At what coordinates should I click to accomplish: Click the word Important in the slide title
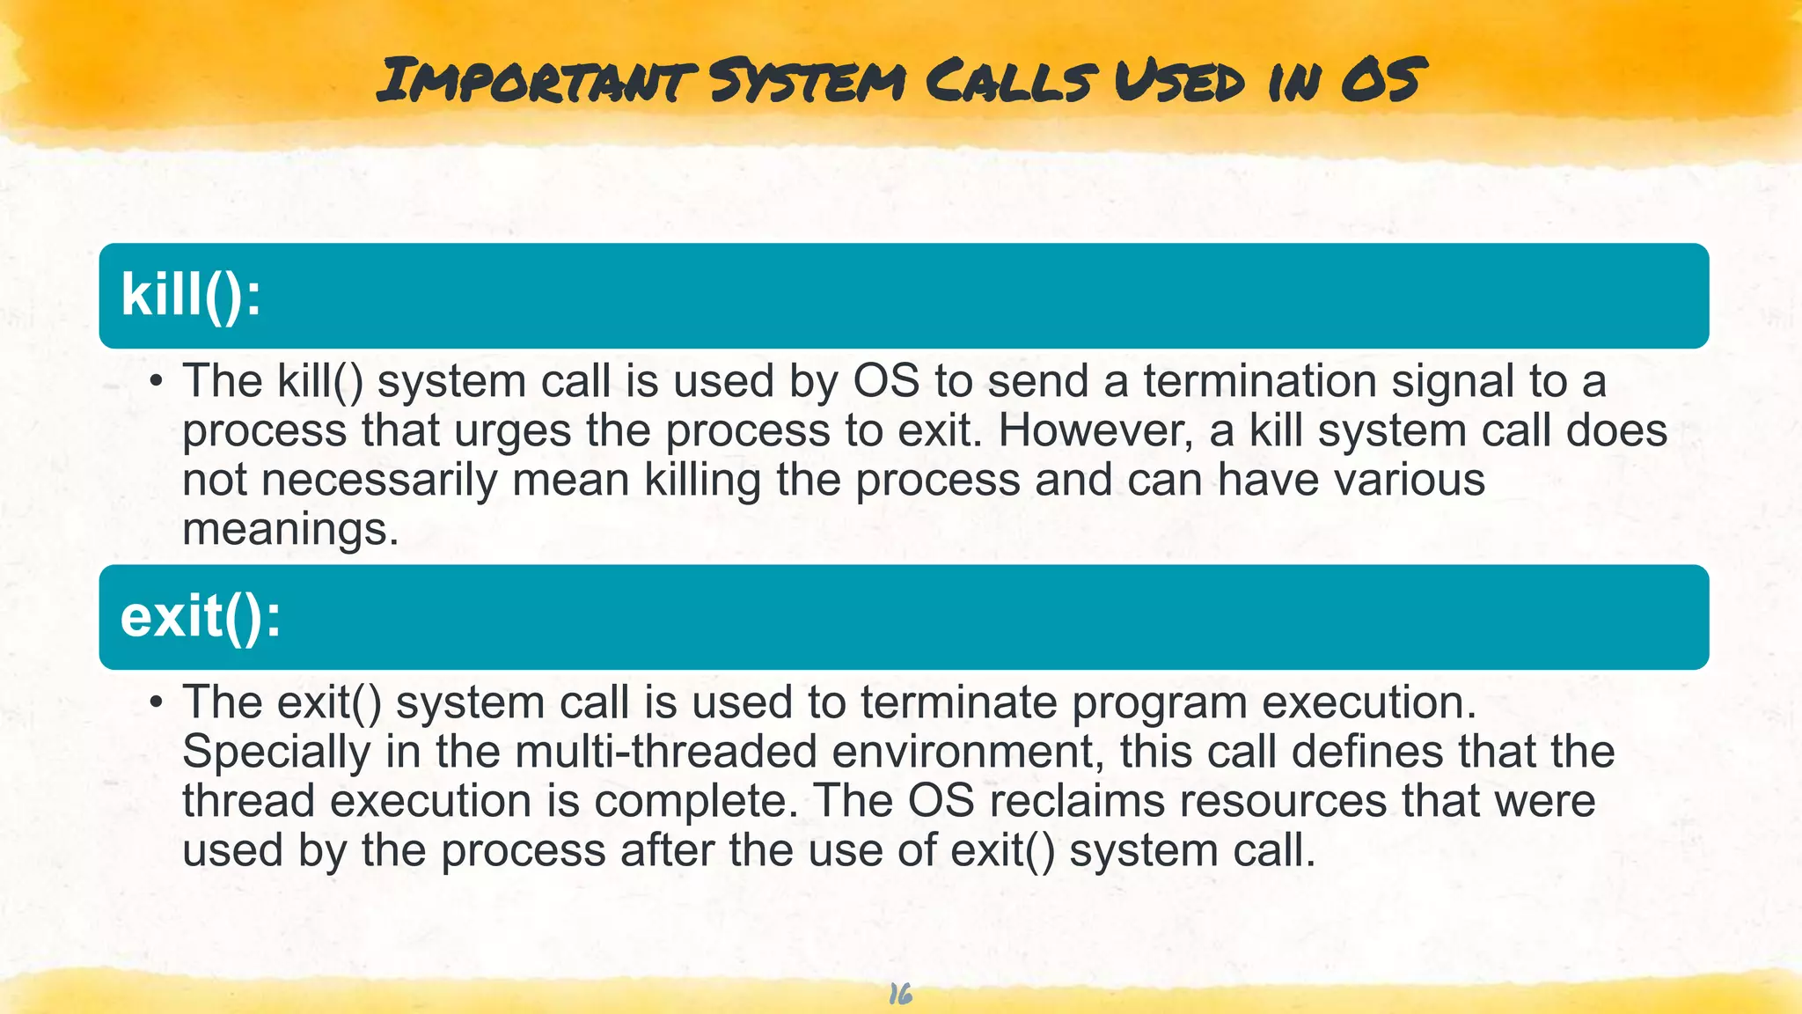coord(537,79)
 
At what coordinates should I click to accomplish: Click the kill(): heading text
coord(191,294)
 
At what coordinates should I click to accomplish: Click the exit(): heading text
coord(201,616)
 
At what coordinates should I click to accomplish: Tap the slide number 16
coord(900,995)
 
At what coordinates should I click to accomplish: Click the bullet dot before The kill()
coord(156,382)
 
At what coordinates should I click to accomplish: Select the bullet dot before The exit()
coord(156,703)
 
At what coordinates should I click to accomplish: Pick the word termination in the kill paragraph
coord(1260,381)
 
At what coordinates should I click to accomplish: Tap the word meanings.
coord(290,530)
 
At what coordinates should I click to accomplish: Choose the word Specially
coord(276,753)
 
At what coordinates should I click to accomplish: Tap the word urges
coord(513,431)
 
